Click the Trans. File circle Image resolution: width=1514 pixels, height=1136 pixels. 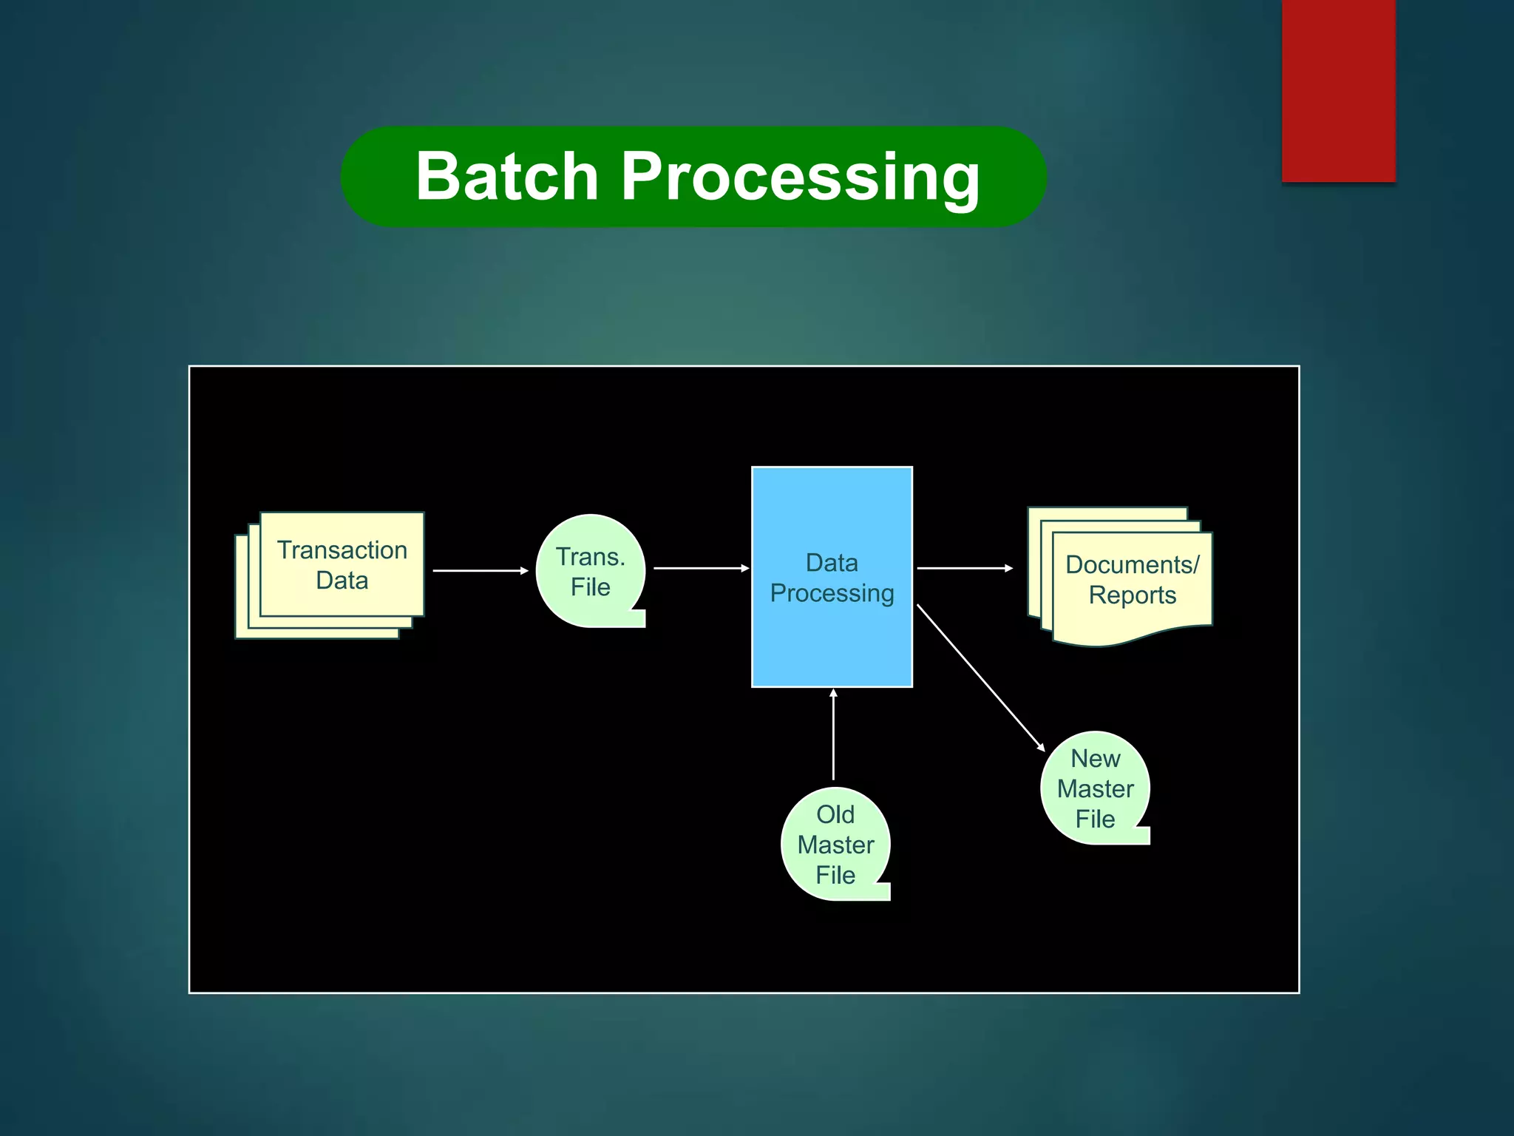590,571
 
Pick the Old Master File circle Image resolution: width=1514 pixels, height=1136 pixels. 835,844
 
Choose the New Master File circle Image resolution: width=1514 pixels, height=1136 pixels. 1095,788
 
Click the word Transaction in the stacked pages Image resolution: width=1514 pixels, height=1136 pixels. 342,550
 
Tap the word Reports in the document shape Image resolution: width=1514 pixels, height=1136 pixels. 1132,595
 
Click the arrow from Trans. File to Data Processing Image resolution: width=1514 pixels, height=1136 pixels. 701,568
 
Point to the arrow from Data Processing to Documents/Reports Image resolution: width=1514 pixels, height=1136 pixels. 964,568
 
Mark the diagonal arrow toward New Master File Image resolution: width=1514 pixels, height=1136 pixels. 980,677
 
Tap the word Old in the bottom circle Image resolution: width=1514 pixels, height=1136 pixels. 835,814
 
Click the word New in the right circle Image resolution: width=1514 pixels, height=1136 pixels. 1095,759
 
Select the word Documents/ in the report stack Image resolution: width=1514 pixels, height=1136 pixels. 1132,565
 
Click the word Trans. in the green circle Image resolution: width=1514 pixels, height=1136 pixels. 590,557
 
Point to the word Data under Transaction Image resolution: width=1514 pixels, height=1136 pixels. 342,581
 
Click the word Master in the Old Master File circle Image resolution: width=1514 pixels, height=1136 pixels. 835,845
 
